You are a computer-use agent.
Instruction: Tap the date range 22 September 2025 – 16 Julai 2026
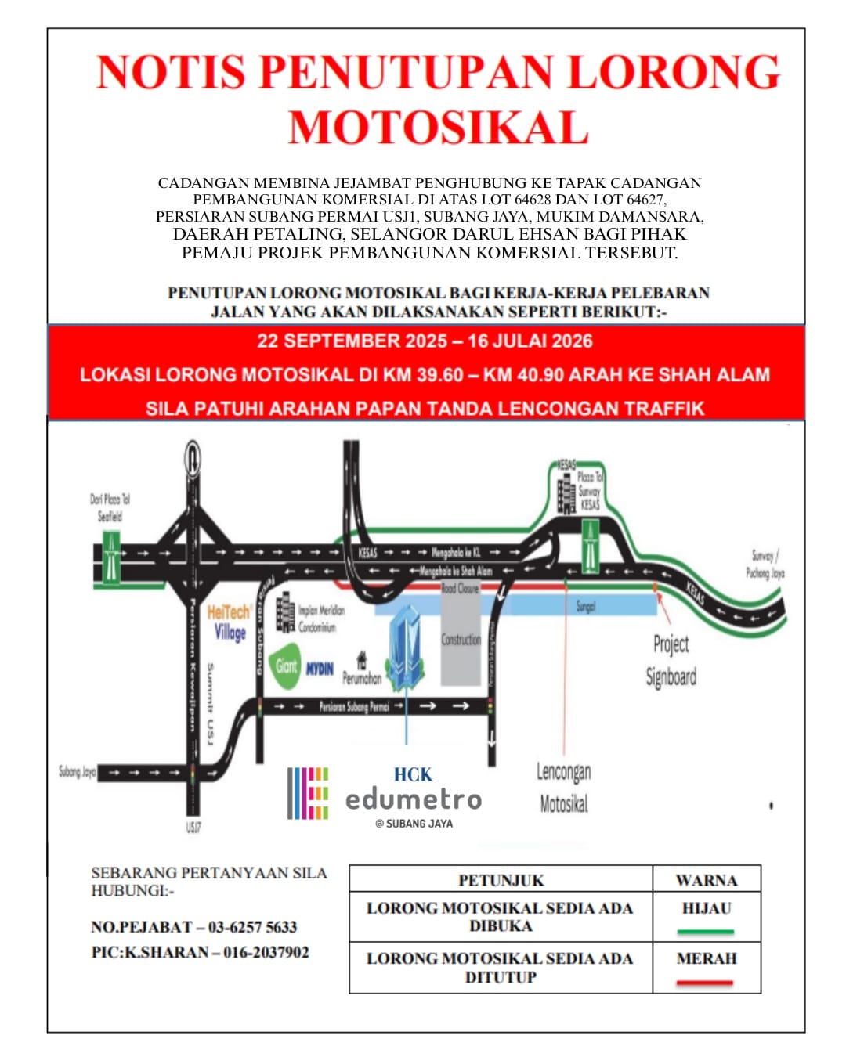pyautogui.click(x=425, y=341)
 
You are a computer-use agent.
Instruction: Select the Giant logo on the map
pyautogui.click(x=287, y=666)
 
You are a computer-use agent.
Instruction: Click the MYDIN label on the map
pyautogui.click(x=320, y=669)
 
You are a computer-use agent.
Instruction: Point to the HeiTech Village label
pyautogui.click(x=230, y=622)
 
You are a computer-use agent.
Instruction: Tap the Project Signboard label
pyautogui.click(x=671, y=660)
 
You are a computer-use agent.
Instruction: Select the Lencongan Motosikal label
pyautogui.click(x=564, y=788)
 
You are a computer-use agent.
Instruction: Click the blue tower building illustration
pyautogui.click(x=407, y=649)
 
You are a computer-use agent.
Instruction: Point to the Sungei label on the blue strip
pyautogui.click(x=586, y=606)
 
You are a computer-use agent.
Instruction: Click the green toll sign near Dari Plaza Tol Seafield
pyautogui.click(x=111, y=557)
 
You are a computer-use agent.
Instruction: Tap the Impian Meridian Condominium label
pyautogui.click(x=321, y=618)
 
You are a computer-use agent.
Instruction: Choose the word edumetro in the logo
pyautogui.click(x=414, y=799)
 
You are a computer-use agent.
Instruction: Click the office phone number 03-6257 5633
pyautogui.click(x=252, y=927)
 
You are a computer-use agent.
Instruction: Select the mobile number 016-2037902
pyautogui.click(x=266, y=953)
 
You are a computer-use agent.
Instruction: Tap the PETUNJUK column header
pyautogui.click(x=501, y=880)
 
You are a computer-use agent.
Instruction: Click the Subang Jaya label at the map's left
pyautogui.click(x=77, y=772)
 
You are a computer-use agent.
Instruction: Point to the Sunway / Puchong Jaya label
pyautogui.click(x=765, y=564)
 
